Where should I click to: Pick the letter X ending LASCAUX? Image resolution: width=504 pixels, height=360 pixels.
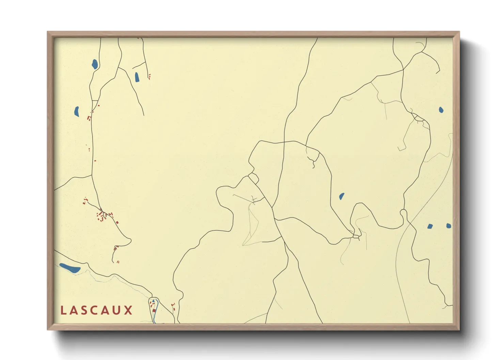pyautogui.click(x=128, y=310)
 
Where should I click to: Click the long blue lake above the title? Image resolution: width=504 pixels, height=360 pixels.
pyautogui.click(x=70, y=268)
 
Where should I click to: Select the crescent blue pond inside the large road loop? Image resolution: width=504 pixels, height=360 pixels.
pyautogui.click(x=342, y=196)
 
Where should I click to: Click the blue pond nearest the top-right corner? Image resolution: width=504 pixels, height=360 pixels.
pyautogui.click(x=441, y=110)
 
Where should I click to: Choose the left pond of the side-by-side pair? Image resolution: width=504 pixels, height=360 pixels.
pyautogui.click(x=430, y=226)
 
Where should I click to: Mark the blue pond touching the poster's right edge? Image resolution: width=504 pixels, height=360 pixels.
pyautogui.click(x=448, y=226)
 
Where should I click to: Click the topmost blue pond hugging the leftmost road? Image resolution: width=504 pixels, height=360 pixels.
pyautogui.click(x=95, y=64)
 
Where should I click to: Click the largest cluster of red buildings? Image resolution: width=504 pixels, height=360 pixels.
pyautogui.click(x=102, y=216)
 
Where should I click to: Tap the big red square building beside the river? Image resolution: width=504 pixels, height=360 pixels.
pyautogui.click(x=154, y=310)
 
